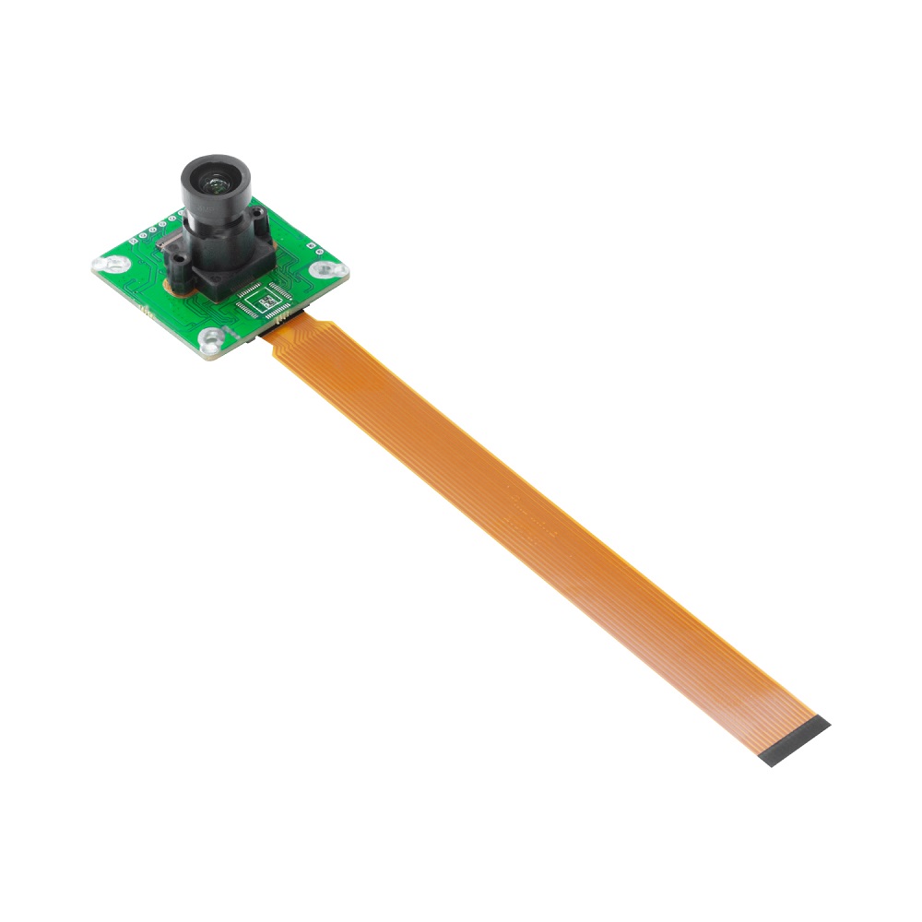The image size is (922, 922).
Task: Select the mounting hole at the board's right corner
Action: point(325,269)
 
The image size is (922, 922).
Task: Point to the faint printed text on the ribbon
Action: point(530,516)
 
